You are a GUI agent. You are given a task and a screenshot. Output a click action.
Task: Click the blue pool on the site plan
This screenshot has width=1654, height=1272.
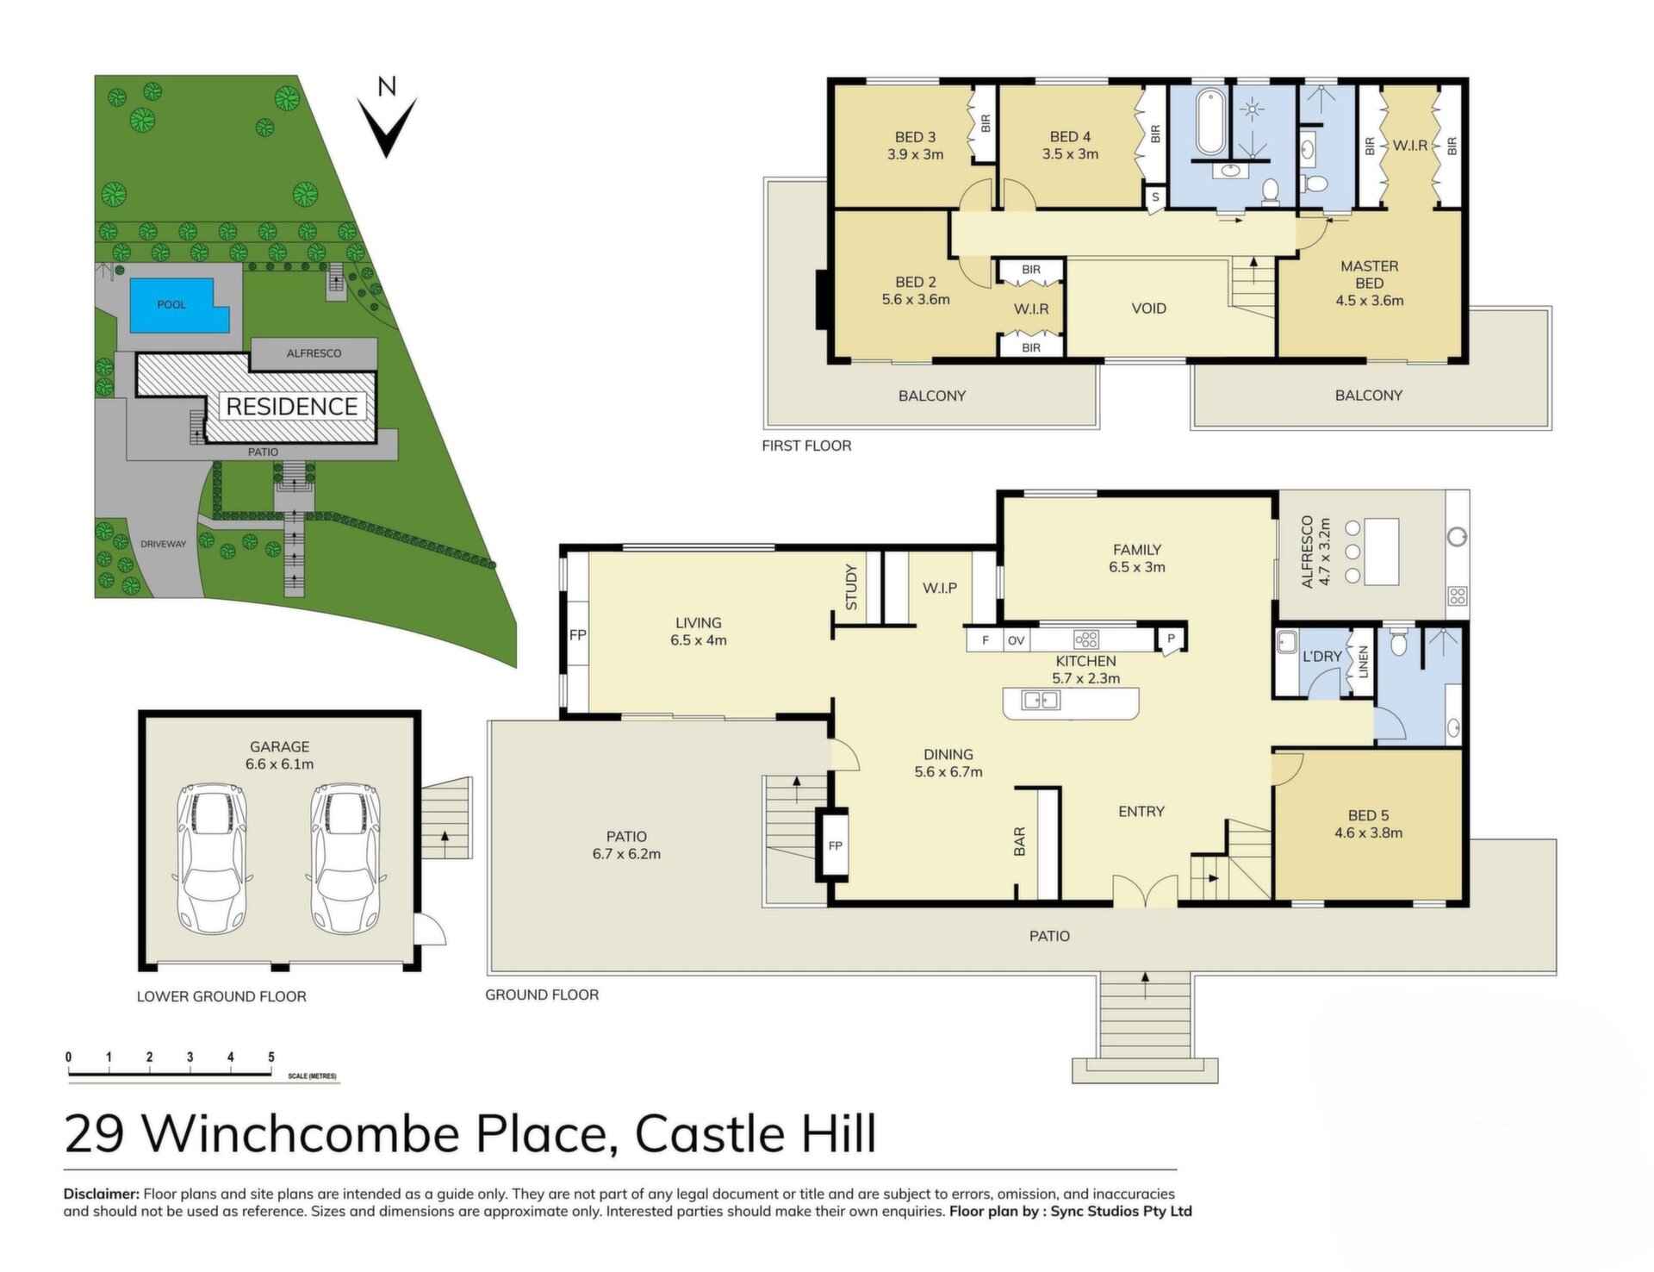[177, 303]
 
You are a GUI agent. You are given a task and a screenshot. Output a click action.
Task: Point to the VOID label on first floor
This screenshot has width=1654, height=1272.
[1148, 309]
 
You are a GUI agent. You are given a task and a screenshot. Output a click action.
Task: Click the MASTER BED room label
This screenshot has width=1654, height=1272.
[1369, 275]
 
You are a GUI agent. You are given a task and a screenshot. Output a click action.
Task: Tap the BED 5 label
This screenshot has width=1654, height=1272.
[1368, 815]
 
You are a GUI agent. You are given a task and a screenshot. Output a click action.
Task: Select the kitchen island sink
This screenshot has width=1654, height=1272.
[1041, 701]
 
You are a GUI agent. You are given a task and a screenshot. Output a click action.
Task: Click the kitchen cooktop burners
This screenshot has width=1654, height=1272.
[1086, 639]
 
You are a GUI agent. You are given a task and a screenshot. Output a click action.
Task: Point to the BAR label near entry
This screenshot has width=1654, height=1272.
[1020, 841]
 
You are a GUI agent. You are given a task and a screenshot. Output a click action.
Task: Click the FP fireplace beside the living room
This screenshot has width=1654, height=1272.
[577, 635]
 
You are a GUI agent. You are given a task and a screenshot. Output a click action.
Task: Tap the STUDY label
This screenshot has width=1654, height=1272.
[851, 587]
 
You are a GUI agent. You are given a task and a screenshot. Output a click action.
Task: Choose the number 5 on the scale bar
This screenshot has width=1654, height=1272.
[271, 1057]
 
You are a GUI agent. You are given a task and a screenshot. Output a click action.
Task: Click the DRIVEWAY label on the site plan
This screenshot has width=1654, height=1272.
[164, 544]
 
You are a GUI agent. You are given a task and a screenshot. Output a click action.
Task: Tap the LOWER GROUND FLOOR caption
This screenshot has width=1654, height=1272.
[221, 996]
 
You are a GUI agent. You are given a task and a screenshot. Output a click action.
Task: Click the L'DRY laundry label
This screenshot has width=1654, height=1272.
[1321, 656]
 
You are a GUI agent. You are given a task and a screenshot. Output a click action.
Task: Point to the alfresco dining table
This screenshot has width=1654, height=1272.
[1380, 552]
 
